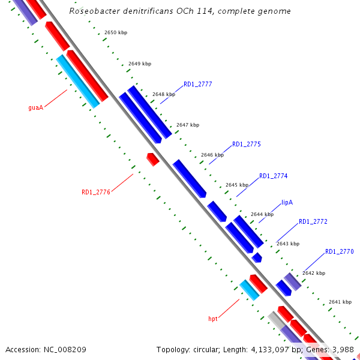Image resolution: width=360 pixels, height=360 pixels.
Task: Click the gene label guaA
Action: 36,108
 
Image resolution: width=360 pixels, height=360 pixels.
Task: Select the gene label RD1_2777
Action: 197,84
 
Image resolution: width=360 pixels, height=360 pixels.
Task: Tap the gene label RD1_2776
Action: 96,193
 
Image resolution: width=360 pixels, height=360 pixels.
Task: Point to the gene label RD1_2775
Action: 246,144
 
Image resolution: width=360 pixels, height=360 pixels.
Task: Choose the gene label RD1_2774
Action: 273,176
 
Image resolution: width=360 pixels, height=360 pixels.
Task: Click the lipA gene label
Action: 287,203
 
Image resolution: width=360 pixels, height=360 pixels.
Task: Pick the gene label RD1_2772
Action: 313,221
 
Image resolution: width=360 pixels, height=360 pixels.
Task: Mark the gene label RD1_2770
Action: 339,251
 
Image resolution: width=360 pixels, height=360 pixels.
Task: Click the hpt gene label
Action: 212,319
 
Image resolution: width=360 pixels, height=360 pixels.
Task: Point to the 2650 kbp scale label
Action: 116,32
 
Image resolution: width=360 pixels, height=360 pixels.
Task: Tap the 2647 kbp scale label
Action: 188,125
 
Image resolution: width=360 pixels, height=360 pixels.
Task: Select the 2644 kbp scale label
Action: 262,214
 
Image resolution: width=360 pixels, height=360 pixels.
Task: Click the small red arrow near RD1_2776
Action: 153,159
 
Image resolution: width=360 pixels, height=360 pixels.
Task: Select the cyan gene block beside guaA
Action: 78,82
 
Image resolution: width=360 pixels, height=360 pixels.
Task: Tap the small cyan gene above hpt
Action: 249,290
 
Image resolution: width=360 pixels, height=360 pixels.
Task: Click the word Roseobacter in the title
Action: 93,11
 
